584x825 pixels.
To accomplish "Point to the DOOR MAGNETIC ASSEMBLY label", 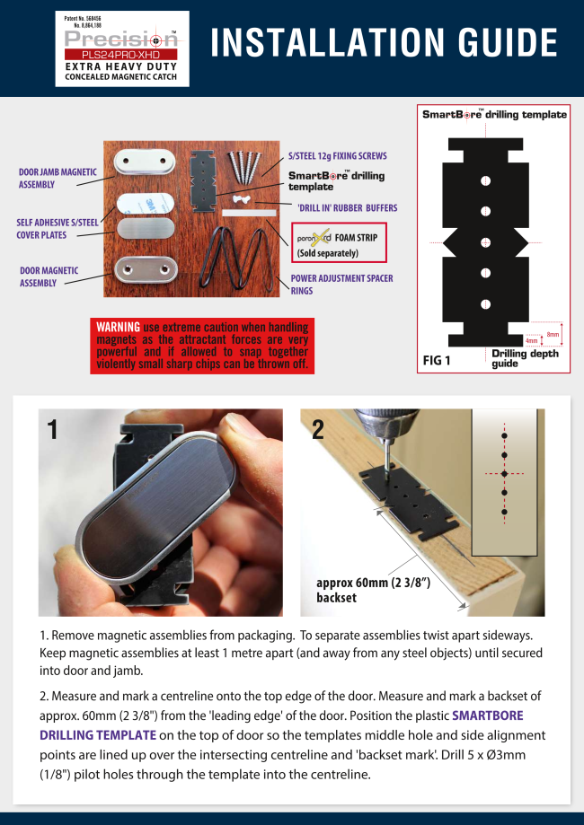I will tap(49, 276).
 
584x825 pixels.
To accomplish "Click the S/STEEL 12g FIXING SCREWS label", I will tap(337, 155).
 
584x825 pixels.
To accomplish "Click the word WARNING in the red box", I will tap(118, 327).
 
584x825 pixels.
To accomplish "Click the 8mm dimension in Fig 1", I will tap(553, 334).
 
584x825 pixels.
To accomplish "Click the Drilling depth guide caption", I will tap(525, 358).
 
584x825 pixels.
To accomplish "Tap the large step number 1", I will tap(53, 428).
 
